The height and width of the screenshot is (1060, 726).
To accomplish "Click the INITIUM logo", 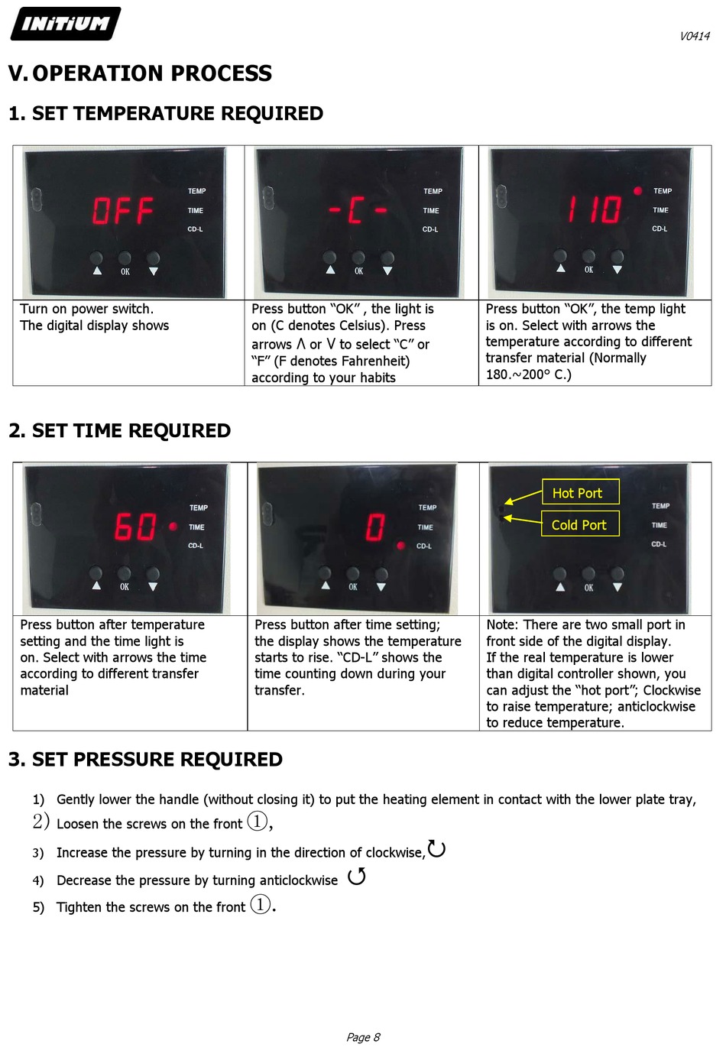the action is pyautogui.click(x=65, y=24).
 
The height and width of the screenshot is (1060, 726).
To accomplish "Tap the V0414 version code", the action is pyautogui.click(x=695, y=37).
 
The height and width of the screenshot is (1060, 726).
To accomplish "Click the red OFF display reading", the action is pyautogui.click(x=123, y=210).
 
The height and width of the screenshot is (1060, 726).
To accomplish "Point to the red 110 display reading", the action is pyautogui.click(x=595, y=209).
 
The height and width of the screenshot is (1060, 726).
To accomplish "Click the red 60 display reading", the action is pyautogui.click(x=135, y=527).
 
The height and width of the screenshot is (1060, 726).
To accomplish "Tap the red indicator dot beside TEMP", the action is pyautogui.click(x=637, y=191).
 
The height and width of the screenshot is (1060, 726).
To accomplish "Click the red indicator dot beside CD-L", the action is pyautogui.click(x=401, y=546).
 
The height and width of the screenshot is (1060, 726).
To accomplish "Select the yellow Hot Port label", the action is pyautogui.click(x=580, y=492).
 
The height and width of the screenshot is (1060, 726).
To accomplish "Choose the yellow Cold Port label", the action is pyautogui.click(x=580, y=524).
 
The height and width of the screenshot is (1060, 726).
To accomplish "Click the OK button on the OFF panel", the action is pyautogui.click(x=125, y=258).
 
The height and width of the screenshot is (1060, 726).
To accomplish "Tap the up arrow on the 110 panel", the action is pyautogui.click(x=560, y=267).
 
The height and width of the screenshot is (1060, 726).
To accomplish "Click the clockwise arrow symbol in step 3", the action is pyautogui.click(x=436, y=848).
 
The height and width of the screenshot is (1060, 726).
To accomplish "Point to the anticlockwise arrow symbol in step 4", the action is pyautogui.click(x=356, y=876).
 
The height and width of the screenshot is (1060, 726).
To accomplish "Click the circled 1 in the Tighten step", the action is pyautogui.click(x=260, y=904).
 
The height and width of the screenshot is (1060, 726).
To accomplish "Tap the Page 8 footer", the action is pyautogui.click(x=363, y=1037).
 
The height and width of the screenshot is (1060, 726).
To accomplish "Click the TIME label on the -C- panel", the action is pyautogui.click(x=431, y=211).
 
